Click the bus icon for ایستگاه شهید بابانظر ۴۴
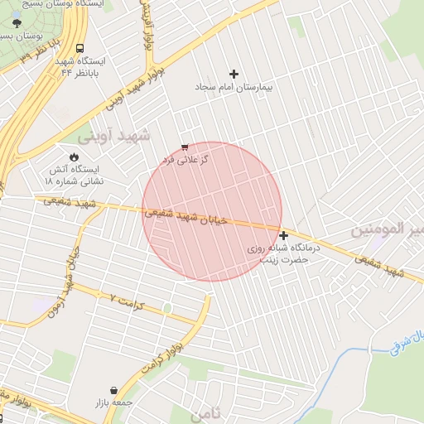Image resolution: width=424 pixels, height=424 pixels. pos(79,49)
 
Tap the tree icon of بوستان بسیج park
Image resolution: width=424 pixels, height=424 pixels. pos(18,24)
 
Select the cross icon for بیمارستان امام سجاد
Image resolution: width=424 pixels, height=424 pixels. pos(234,74)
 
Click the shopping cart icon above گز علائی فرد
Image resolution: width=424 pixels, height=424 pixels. pos(184,147)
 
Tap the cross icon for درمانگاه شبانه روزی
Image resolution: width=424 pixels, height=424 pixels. pos(284,235)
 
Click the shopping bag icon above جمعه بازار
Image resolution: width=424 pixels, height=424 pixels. pos(113,390)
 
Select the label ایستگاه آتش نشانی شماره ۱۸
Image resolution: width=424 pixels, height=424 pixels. pos(74,174)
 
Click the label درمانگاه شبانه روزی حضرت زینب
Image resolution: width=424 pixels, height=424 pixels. pos(279,253)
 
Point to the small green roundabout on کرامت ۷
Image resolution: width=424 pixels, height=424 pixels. pos(167,309)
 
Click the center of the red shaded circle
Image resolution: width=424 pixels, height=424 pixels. pos(212,211)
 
